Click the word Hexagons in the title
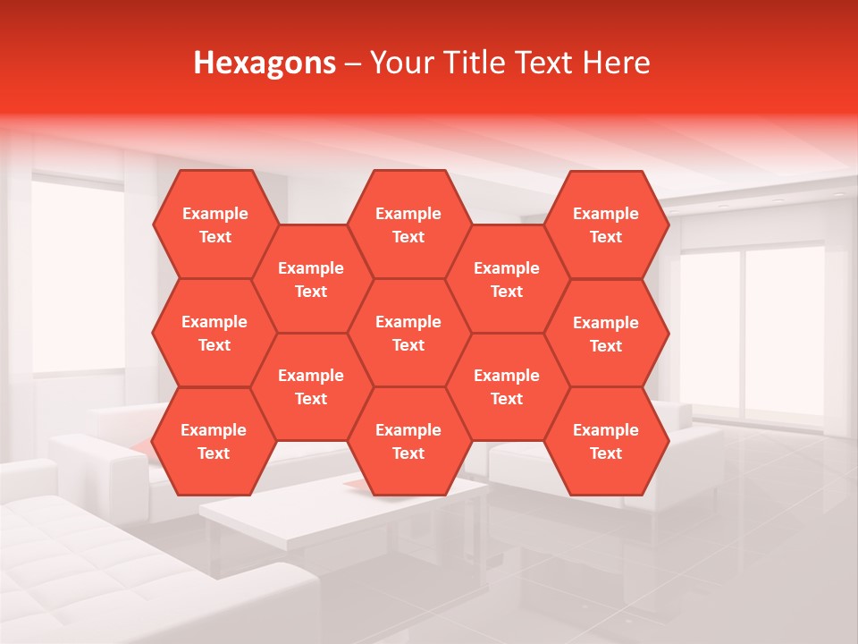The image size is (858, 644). point(265,63)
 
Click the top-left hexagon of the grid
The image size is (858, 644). point(214,225)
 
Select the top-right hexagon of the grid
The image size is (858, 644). point(606,225)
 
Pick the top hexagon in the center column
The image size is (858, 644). point(408,225)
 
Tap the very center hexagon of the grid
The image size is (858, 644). point(408,333)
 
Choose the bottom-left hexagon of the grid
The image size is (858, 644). point(214,441)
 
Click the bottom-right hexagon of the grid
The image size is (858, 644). point(606,441)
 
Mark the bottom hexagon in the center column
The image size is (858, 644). point(408,441)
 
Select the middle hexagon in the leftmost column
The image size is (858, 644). point(214,333)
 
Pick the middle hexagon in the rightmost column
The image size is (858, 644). point(606,334)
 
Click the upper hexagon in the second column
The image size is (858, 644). point(311,279)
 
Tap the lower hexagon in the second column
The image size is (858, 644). point(311,386)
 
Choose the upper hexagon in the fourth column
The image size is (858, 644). point(507,279)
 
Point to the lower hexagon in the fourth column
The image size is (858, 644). point(507,386)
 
